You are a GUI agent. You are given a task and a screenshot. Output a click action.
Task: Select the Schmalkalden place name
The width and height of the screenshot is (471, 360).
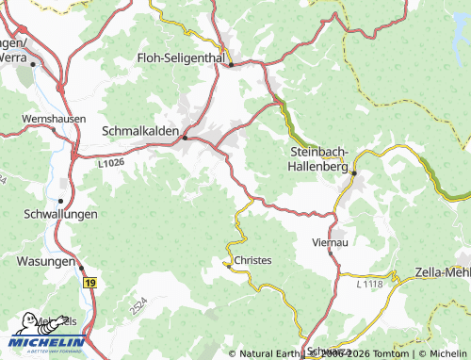(138, 131)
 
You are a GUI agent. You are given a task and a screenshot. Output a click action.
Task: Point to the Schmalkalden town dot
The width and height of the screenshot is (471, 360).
(185, 138)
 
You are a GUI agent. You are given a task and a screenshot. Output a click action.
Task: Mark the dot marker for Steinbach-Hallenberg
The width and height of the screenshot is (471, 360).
(354, 172)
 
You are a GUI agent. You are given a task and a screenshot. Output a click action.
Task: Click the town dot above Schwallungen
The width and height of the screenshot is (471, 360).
(61, 200)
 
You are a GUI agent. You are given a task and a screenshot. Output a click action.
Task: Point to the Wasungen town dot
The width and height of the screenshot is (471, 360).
(80, 267)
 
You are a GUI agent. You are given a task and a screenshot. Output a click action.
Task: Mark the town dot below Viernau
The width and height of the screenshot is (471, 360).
(333, 253)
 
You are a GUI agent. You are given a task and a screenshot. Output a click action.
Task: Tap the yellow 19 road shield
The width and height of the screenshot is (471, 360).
(89, 282)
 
